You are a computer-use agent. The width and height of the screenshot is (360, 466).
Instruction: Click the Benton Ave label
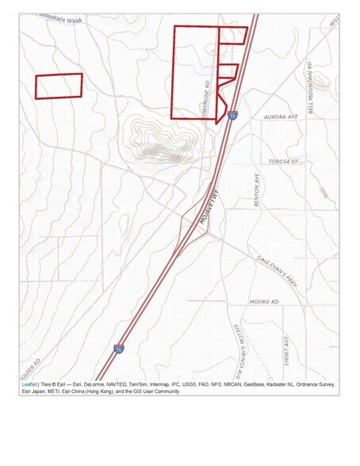[x=257, y=191]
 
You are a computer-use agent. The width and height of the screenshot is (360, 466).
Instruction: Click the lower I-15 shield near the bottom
[x=118, y=349]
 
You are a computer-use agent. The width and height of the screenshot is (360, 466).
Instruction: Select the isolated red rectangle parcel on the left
[x=59, y=86]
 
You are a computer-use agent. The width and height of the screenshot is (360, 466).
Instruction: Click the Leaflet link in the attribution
[x=29, y=384]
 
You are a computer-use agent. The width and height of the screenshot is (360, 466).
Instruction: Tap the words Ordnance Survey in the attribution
[x=312, y=384]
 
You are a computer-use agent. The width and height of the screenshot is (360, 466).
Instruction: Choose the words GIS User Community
[x=153, y=392]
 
